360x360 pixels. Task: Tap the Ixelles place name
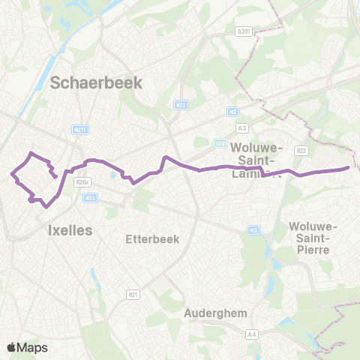pyautogui.click(x=69, y=230)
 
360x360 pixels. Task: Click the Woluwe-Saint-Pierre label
pyautogui.click(x=315, y=238)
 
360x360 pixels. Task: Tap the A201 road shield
pyautogui.click(x=241, y=31)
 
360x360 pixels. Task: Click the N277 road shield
pyautogui.click(x=82, y=130)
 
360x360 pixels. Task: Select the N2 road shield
pyautogui.click(x=232, y=111)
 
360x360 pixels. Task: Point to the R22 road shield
pyautogui.click(x=301, y=150)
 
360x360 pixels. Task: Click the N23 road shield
pyautogui.click(x=91, y=197)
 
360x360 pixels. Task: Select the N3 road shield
pyautogui.click(x=253, y=229)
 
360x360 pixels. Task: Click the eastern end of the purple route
pyautogui.click(x=348, y=168)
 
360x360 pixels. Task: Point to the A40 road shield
pyautogui.click(x=220, y=142)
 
